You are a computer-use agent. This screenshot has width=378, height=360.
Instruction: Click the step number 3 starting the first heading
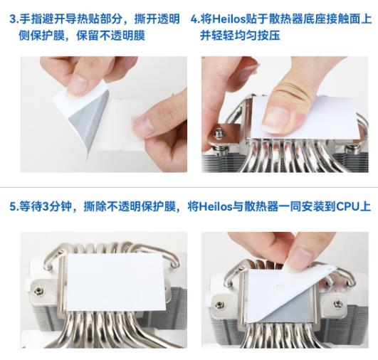click(x=13, y=19)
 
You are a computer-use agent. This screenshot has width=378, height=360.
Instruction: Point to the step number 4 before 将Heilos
click(x=194, y=19)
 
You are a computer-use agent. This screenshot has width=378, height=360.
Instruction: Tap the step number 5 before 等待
click(x=13, y=207)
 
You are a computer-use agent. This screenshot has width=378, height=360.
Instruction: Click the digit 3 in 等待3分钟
click(x=46, y=207)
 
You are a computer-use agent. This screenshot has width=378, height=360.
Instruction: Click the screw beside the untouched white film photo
click(x=39, y=291)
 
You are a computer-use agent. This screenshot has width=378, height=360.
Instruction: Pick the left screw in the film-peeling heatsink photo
click(x=219, y=305)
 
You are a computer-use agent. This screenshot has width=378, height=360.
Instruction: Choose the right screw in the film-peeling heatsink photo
click(x=338, y=304)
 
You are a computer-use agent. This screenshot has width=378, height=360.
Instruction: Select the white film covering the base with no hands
click(x=116, y=282)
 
